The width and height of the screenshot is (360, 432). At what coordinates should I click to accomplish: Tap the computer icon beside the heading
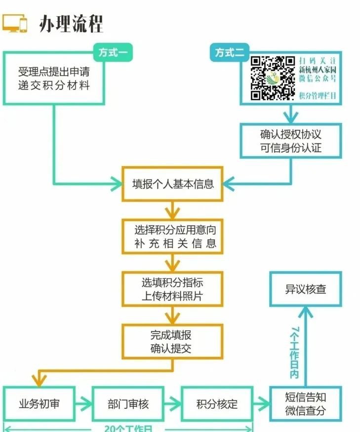pyautogui.click(x=15, y=23)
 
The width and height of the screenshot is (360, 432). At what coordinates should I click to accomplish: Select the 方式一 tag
pyautogui.click(x=113, y=52)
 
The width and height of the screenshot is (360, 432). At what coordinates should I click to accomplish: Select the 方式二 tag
pyautogui.click(x=230, y=52)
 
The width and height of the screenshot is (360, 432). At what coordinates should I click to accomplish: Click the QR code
pyautogui.click(x=272, y=78)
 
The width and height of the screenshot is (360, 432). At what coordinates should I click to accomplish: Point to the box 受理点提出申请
pyautogui.click(x=54, y=78)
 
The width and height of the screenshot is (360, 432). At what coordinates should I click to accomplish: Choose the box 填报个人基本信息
pyautogui.click(x=172, y=184)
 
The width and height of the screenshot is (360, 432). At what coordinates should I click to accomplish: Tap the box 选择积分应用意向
pyautogui.click(x=172, y=236)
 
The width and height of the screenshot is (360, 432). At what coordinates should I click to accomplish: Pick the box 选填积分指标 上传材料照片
pyautogui.click(x=172, y=290)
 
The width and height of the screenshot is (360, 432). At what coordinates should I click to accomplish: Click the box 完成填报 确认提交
pyautogui.click(x=172, y=342)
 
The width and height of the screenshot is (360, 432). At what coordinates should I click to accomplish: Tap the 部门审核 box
pyautogui.click(x=128, y=403)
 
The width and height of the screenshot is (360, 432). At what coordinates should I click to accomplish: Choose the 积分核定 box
pyautogui.click(x=217, y=403)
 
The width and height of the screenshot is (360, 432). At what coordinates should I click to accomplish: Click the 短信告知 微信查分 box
pyautogui.click(x=306, y=403)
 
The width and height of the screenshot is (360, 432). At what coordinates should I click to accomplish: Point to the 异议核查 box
pyautogui.click(x=306, y=289)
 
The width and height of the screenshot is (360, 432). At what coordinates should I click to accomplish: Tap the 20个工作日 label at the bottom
pyautogui.click(x=128, y=428)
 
